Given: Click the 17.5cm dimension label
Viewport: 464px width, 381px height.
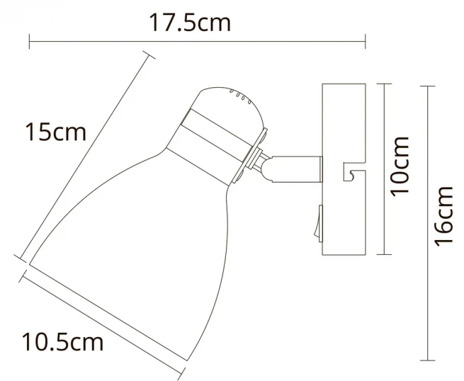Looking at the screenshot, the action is (190, 23).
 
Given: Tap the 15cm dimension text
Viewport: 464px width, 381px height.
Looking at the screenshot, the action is (56, 132).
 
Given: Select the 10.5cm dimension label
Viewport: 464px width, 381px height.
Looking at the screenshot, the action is (63, 342).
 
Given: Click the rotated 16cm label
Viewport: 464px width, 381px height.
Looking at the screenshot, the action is (443, 216).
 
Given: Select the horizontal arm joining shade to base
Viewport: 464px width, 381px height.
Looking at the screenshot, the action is (296, 169).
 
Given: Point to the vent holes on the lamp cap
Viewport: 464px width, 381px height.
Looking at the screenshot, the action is (241, 96).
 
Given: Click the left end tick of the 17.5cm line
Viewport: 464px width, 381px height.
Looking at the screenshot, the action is (29, 41).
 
